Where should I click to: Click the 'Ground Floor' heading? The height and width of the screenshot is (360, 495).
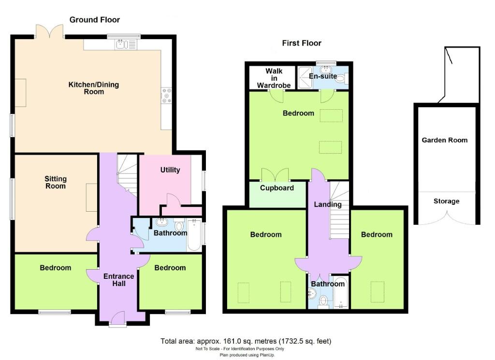click(x=95, y=20)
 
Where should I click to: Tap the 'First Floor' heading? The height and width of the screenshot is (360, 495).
click(x=302, y=43)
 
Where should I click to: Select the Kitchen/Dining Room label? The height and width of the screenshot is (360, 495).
click(x=93, y=88)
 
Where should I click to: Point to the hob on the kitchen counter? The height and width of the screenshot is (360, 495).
click(x=166, y=95)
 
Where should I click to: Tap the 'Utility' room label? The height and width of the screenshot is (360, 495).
click(x=170, y=170)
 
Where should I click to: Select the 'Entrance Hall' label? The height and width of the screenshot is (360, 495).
click(x=118, y=280)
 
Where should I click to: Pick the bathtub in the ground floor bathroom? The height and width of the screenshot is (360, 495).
click(x=194, y=235)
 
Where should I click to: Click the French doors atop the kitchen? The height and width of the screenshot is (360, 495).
click(x=50, y=32)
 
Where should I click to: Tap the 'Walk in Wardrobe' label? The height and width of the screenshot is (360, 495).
click(x=274, y=78)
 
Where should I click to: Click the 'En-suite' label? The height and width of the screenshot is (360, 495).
click(x=323, y=76)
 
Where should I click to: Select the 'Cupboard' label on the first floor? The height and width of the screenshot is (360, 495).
click(x=277, y=188)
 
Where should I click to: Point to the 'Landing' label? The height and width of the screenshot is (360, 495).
click(x=328, y=204)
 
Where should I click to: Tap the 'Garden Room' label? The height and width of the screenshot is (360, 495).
click(x=445, y=140)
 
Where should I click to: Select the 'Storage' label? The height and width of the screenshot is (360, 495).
click(x=446, y=201)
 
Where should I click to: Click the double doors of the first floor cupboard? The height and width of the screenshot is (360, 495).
click(x=275, y=174)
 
